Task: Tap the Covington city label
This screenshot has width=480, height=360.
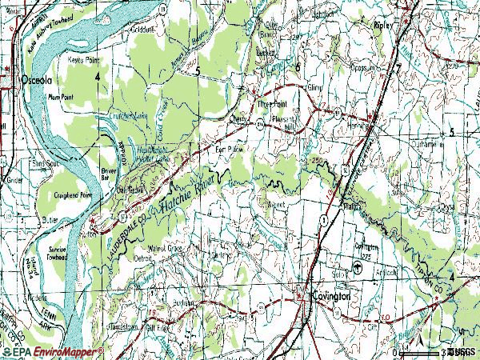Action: pyautogui.click(x=332, y=295)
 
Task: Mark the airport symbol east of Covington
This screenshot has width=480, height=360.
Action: pyautogui.click(x=357, y=270)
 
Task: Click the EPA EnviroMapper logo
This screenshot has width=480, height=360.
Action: pyautogui.click(x=52, y=351)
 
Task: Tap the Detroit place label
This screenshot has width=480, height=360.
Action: pyautogui.click(x=142, y=258)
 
